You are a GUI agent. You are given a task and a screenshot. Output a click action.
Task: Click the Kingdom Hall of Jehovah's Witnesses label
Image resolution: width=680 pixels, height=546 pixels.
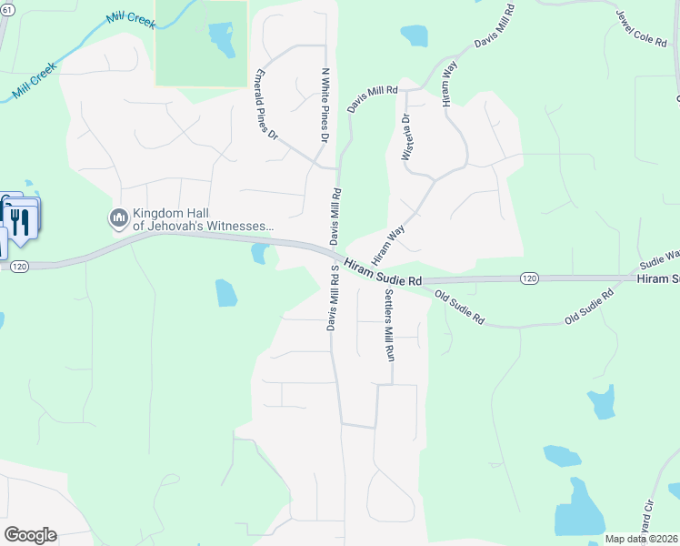pyautogui.click(x=203, y=219)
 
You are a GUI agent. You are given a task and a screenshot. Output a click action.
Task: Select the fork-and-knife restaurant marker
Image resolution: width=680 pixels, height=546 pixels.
pyautogui.click(x=20, y=221)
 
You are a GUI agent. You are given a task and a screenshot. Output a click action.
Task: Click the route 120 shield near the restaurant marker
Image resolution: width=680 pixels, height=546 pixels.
pyautogui.click(x=20, y=266)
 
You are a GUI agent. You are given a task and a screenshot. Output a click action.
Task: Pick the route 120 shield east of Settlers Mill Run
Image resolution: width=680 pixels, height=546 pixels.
pyautogui.click(x=530, y=277)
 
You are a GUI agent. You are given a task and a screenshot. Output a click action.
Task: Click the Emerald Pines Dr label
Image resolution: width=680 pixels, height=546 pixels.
pyautogui.click(x=265, y=103)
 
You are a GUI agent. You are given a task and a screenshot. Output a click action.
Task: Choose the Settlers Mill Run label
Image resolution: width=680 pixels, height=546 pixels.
pyautogui.click(x=389, y=325)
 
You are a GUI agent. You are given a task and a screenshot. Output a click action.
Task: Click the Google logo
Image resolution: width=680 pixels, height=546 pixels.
pyautogui.click(x=30, y=534)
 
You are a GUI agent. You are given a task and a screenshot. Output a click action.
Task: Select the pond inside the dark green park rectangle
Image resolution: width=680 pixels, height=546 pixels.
pyautogui.click(x=221, y=37)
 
